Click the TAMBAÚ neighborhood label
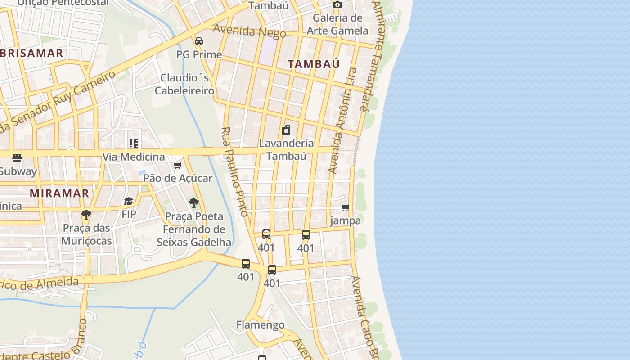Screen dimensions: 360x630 point(314,64)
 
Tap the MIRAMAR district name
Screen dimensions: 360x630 point(59,193)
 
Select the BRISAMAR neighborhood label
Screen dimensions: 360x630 point(32,53)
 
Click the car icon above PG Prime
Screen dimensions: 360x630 point(199,41)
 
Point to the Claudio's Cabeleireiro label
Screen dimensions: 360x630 point(184,84)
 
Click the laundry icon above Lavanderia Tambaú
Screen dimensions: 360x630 point(286,130)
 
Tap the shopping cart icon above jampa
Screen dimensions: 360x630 point(346,208)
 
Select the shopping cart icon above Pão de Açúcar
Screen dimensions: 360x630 point(178,166)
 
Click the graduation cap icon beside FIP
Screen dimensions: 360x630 point(129,201)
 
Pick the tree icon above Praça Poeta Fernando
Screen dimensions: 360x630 point(194,203)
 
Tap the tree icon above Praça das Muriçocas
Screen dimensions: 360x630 point(86,215)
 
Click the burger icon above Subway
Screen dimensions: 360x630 point(17,158)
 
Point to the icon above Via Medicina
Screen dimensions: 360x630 point(133,144)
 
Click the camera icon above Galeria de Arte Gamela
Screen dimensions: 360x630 point(337,5)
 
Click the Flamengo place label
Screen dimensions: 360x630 point(261,324)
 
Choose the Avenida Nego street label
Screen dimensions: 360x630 point(249,31)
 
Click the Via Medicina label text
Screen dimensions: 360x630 point(134,157)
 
